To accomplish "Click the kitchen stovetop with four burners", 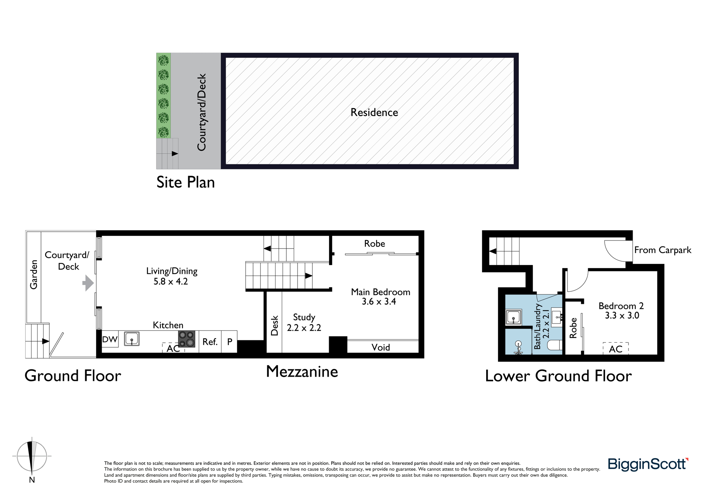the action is click(187, 339).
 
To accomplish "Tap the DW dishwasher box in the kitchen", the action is click(110, 339).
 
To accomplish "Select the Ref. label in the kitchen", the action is click(210, 342).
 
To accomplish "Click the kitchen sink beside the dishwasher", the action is click(132, 339).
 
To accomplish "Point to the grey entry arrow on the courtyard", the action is click(88, 283).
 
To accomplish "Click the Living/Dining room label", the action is click(172, 271).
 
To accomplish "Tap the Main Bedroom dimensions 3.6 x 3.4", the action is click(379, 301).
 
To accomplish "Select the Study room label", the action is click(304, 318).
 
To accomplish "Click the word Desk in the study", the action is click(274, 326).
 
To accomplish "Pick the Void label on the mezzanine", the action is click(381, 347).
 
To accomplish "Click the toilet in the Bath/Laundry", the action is click(554, 344).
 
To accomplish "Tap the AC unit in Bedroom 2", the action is click(615, 349).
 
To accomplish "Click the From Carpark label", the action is click(663, 250).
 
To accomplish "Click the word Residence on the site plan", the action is click(374, 112).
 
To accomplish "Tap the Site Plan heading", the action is click(185, 182).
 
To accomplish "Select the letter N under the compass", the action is click(32, 480).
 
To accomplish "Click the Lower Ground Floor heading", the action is click(558, 376).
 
